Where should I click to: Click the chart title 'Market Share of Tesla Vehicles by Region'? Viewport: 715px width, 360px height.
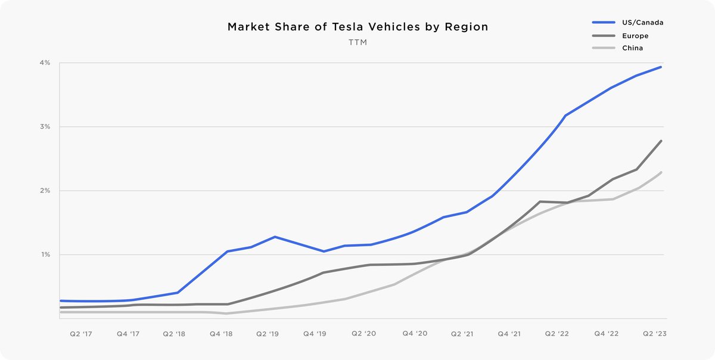click(x=357, y=27)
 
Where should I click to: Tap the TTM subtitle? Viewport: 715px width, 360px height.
click(x=357, y=44)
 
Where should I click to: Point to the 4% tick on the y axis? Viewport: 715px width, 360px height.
click(x=46, y=63)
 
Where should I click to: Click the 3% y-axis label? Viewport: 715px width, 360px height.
click(x=46, y=127)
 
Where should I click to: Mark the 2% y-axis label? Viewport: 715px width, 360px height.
click(x=46, y=191)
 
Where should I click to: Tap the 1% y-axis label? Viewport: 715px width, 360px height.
click(x=46, y=255)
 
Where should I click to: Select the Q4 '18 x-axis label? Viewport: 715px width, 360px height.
click(x=221, y=334)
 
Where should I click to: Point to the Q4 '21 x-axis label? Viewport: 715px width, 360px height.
click(x=509, y=334)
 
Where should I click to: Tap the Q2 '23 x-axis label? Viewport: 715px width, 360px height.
click(x=654, y=334)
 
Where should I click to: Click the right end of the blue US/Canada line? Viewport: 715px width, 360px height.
click(x=661, y=67)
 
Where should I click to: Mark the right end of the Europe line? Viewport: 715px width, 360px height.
click(x=661, y=141)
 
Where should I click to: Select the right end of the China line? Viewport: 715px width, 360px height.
click(x=661, y=172)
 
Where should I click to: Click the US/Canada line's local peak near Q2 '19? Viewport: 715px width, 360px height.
click(x=275, y=237)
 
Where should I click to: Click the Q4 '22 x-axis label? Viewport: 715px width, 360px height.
click(x=606, y=334)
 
